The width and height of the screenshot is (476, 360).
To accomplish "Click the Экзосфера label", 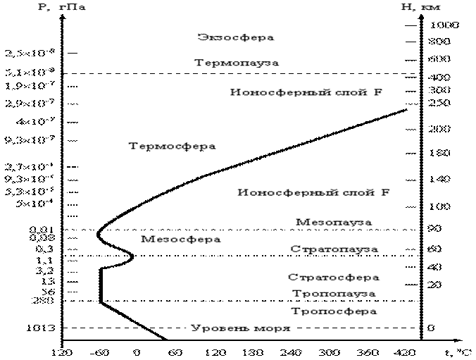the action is (236, 37).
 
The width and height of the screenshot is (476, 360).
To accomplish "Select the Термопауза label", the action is (236, 63).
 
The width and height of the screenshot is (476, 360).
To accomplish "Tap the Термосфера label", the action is (172, 147).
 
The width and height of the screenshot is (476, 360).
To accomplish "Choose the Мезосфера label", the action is (180, 239).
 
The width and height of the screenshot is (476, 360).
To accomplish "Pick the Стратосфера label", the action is (334, 278).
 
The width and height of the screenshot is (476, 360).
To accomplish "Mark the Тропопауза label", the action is (334, 294).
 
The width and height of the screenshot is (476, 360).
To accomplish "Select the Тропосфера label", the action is (334, 311).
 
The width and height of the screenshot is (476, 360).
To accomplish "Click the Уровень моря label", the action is (240, 328).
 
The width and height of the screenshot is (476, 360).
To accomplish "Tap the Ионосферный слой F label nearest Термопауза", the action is (306, 92).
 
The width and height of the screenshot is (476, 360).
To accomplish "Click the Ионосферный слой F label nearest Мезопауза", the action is (313, 192).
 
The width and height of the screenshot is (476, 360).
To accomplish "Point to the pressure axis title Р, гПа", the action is (61, 7).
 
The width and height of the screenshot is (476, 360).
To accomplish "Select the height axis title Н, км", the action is (420, 7).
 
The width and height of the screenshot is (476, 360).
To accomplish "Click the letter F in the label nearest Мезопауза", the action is (385, 192).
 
